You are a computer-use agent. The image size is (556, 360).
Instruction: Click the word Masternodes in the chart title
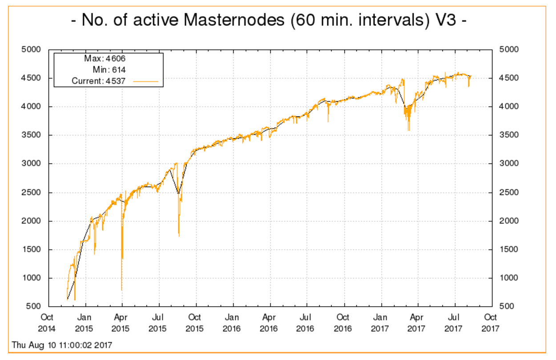(x=236, y=21)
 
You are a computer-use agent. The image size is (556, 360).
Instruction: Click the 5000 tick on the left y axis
(x=32, y=49)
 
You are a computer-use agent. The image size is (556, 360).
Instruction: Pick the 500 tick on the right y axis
(x=505, y=307)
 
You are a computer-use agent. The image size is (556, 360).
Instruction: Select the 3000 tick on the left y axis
(x=32, y=164)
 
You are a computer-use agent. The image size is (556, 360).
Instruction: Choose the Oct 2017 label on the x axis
(x=491, y=323)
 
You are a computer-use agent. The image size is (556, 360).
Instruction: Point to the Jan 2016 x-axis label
(x=232, y=323)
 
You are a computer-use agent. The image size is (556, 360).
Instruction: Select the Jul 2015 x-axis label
(x=158, y=323)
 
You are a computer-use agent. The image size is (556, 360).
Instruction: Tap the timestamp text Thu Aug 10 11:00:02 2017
(x=62, y=345)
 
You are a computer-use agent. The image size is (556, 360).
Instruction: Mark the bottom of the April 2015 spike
(x=122, y=290)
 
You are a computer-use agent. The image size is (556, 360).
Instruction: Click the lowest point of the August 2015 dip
(x=179, y=236)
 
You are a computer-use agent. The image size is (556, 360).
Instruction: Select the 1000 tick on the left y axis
(x=32, y=278)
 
